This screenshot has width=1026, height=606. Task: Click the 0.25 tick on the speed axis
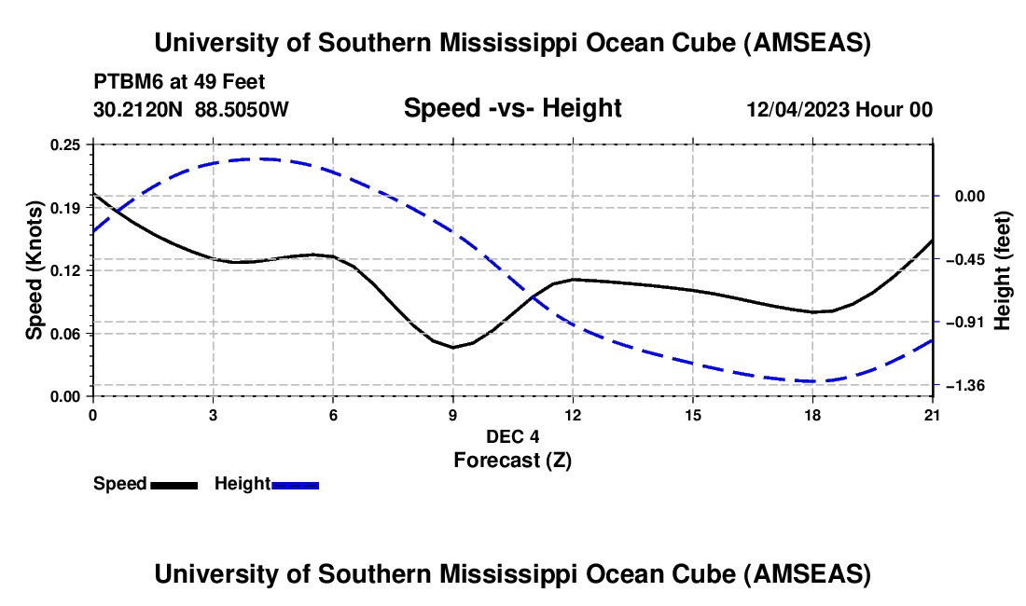(92, 145)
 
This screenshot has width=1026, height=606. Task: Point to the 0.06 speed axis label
(66, 333)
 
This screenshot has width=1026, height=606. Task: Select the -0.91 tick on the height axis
(934, 322)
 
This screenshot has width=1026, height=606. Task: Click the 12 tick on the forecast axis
(573, 396)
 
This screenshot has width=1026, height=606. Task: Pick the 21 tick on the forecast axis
(933, 396)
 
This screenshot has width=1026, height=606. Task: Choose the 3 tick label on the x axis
(213, 414)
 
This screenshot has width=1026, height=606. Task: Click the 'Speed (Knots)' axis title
(35, 270)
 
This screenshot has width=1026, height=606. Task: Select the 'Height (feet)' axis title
(1003, 270)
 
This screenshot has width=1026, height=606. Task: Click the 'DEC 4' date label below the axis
(512, 436)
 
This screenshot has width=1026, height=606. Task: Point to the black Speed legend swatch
(173, 484)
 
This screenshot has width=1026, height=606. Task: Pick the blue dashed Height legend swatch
(296, 484)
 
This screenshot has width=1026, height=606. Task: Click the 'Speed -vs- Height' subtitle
(512, 108)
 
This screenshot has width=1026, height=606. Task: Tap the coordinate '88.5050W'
(242, 109)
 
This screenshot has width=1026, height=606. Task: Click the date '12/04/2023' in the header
(798, 109)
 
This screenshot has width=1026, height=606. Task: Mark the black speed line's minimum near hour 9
(453, 348)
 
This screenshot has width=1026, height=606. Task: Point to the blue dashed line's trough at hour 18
(812, 381)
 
